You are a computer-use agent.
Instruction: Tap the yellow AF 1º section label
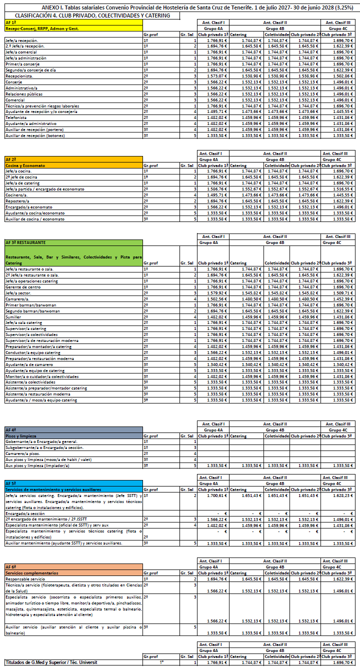click(x=10, y=23)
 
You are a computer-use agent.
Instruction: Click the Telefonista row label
click(x=16, y=117)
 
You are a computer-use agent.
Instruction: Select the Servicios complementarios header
click(x=31, y=573)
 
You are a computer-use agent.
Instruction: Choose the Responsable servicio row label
click(x=25, y=579)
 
